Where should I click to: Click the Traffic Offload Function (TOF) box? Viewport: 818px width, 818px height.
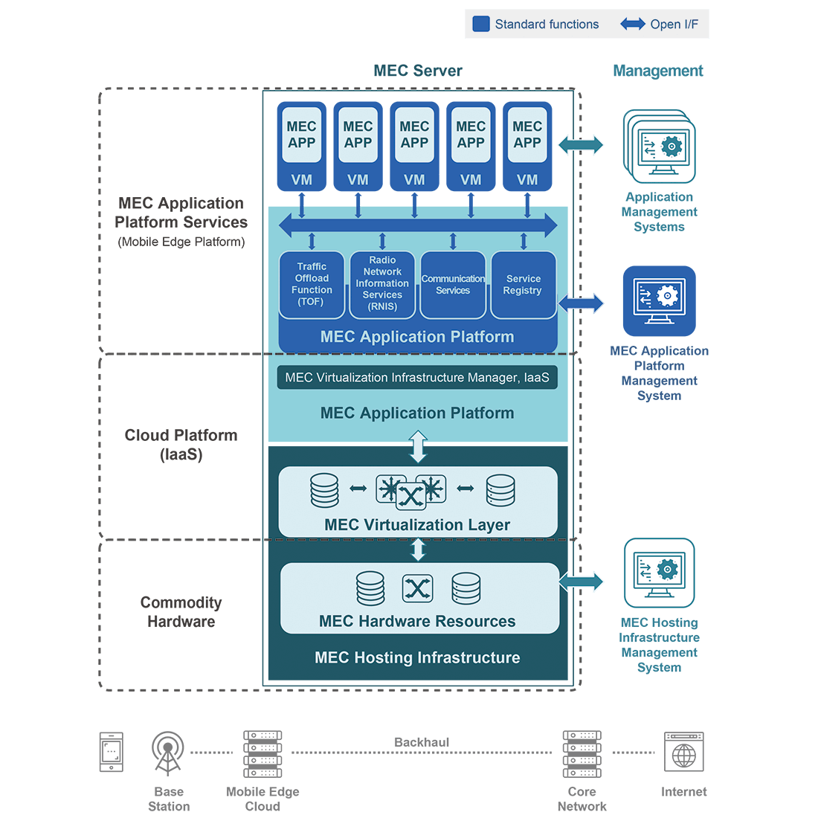[312, 285]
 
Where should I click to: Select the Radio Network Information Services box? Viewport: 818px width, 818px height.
[382, 285]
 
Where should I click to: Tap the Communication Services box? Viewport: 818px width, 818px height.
[453, 285]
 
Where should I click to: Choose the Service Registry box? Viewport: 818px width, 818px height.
[524, 285]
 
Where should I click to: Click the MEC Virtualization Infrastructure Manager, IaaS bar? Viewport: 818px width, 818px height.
[417, 378]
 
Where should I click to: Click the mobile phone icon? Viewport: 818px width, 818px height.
[112, 752]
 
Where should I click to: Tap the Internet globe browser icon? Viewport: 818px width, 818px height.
[683, 752]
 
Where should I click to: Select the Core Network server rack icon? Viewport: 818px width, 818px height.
[582, 753]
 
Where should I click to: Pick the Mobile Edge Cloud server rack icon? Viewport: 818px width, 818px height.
[263, 753]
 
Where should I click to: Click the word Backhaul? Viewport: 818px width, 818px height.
[422, 742]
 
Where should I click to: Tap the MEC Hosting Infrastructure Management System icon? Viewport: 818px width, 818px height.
[660, 573]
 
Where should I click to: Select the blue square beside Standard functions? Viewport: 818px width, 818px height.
[481, 24]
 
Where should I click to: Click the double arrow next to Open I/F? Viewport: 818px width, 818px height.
[632, 24]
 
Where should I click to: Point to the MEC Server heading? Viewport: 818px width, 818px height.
[418, 71]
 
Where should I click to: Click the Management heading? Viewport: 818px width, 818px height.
[658, 71]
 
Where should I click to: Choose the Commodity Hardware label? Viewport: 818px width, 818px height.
[181, 612]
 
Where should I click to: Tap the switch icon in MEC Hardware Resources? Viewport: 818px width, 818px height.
[417, 589]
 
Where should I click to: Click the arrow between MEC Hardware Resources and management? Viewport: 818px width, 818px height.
[582, 582]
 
